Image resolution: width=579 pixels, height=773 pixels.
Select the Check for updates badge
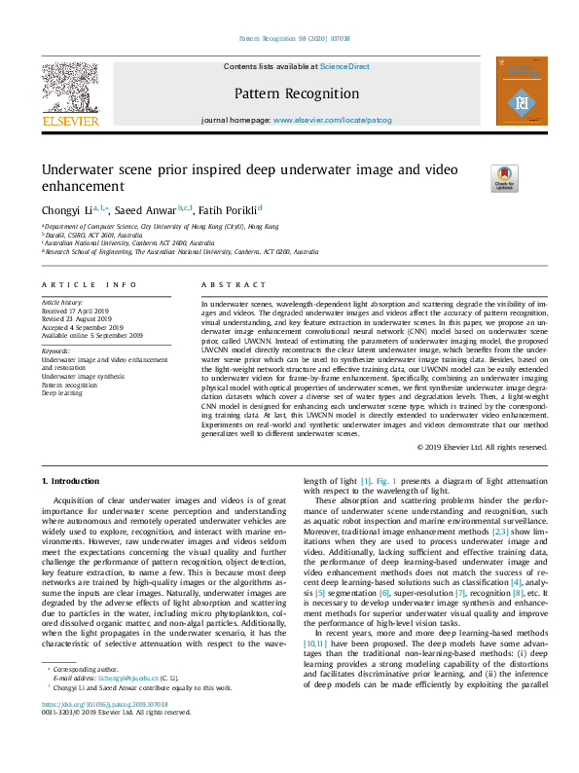pyautogui.click(x=504, y=176)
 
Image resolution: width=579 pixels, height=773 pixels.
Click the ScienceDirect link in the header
pyautogui.click(x=344, y=66)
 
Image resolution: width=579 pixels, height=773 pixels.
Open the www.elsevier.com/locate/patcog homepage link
pyautogui.click(x=332, y=120)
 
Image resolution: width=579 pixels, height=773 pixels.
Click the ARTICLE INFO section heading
pyautogui.click(x=89, y=284)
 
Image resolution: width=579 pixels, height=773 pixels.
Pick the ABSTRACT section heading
pyautogui.click(x=233, y=284)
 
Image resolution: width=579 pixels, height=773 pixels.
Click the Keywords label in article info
pyautogui.click(x=56, y=350)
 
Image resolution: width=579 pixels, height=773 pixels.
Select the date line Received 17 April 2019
pyautogui.click(x=83, y=311)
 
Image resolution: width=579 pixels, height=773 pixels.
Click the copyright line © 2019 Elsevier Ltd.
pyautogui.click(x=481, y=447)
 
